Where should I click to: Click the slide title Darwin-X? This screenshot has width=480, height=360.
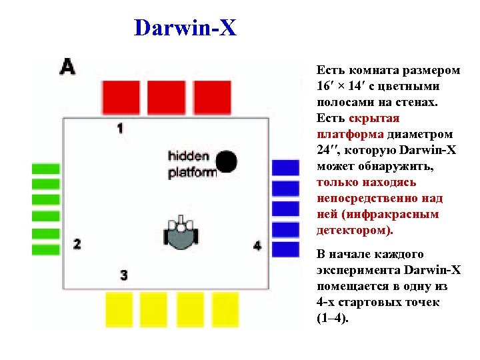[x=185, y=28]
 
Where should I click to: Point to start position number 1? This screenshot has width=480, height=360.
[x=120, y=127]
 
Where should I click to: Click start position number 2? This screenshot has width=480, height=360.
[x=77, y=244]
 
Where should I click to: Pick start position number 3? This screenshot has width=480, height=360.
[x=123, y=275]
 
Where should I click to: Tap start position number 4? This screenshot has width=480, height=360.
[x=258, y=246]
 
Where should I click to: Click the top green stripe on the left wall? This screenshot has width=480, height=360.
[x=46, y=169]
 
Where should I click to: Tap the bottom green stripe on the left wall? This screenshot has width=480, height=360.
[x=46, y=250]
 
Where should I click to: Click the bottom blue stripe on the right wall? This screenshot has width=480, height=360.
[x=286, y=249]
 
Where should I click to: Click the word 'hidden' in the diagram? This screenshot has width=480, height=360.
[x=188, y=157]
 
